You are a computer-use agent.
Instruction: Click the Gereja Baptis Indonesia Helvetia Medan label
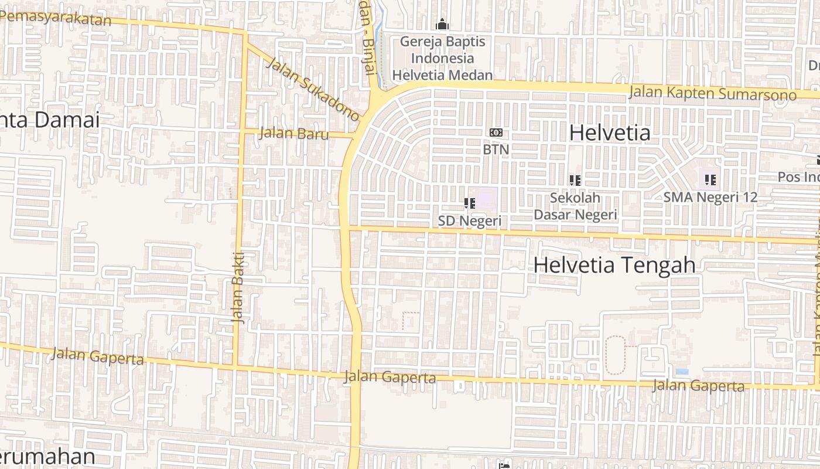[442, 58]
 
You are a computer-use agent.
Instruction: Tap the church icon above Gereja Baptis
[442, 25]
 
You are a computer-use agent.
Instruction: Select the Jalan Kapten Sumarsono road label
[712, 93]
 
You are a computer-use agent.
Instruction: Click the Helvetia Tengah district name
[614, 265]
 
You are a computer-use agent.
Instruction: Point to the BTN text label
[496, 149]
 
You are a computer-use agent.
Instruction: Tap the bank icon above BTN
[496, 132]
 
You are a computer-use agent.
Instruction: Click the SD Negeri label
[470, 220]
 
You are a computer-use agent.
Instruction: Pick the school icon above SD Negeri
[469, 203]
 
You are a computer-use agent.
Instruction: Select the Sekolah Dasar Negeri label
[575, 206]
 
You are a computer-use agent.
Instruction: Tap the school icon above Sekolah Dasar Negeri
[575, 181]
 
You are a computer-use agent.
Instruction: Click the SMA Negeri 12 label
[710, 197]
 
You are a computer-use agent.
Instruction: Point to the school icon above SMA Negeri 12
[710, 179]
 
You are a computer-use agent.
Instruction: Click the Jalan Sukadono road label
[313, 89]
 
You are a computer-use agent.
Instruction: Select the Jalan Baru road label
[293, 133]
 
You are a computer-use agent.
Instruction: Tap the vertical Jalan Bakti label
[239, 287]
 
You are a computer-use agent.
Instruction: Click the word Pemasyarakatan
[56, 17]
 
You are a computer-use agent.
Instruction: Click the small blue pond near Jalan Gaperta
[682, 372]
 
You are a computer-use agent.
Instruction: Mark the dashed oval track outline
[615, 355]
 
